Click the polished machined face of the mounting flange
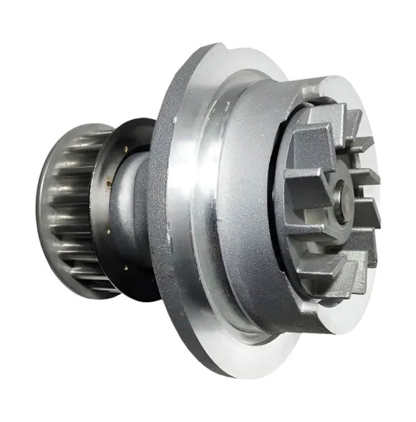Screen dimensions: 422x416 [x=201, y=208]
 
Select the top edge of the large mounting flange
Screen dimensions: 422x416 [x=208, y=47]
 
